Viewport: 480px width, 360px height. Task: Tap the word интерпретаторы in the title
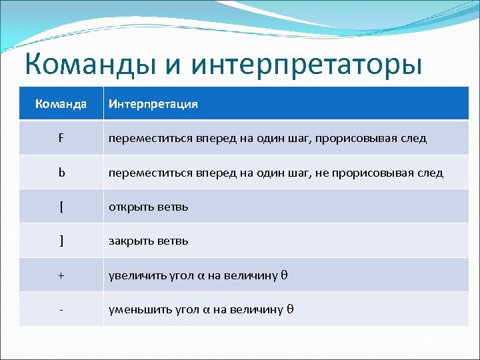tap(307, 66)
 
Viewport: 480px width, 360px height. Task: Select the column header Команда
tap(61, 104)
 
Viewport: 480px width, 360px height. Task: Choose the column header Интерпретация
tap(153, 104)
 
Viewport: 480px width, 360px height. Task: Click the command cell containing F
tap(61, 139)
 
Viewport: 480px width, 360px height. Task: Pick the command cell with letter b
tap(61, 173)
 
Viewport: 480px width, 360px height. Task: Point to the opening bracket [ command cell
tap(61, 207)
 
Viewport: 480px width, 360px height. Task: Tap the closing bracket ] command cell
tap(61, 241)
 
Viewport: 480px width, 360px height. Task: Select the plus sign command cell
tap(61, 275)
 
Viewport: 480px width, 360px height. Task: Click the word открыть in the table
tap(131, 207)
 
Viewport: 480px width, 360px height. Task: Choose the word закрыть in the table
tap(131, 241)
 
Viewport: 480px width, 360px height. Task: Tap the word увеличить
tap(135, 275)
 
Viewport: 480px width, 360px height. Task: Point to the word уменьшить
tap(137, 309)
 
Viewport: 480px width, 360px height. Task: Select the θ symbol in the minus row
tap(290, 309)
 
